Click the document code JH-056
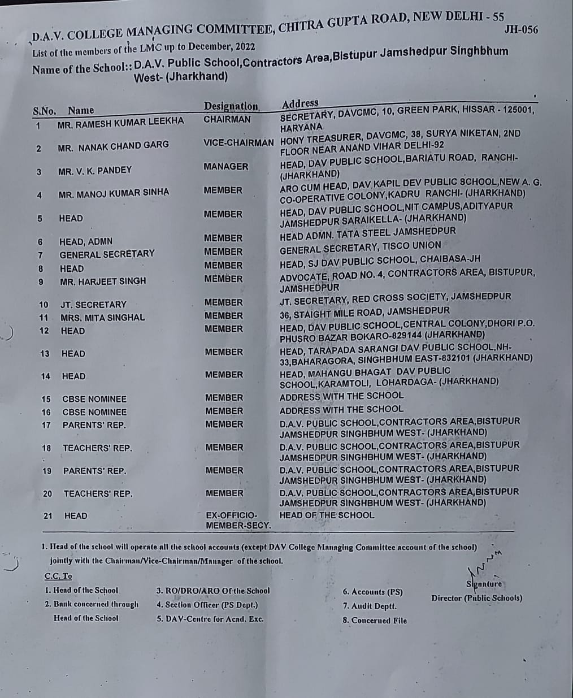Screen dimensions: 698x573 point(520,29)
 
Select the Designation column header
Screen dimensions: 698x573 point(231,106)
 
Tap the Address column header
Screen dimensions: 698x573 point(300,103)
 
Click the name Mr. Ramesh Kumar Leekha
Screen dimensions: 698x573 point(120,122)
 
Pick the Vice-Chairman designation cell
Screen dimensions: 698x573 point(238,143)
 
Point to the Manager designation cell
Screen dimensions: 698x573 point(226,167)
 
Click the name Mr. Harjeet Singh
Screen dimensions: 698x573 point(103,281)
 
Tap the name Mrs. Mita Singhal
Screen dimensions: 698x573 point(102,318)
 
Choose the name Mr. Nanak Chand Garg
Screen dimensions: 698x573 point(113,146)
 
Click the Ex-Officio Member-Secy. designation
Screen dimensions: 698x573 point(238,521)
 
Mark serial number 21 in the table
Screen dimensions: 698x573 point(48,515)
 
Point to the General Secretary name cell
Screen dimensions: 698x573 point(107,254)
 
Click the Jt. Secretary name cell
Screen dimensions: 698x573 point(93,305)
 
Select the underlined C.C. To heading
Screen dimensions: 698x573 point(58,576)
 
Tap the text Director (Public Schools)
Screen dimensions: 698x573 point(476,598)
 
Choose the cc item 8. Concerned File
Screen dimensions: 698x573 point(374,620)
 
